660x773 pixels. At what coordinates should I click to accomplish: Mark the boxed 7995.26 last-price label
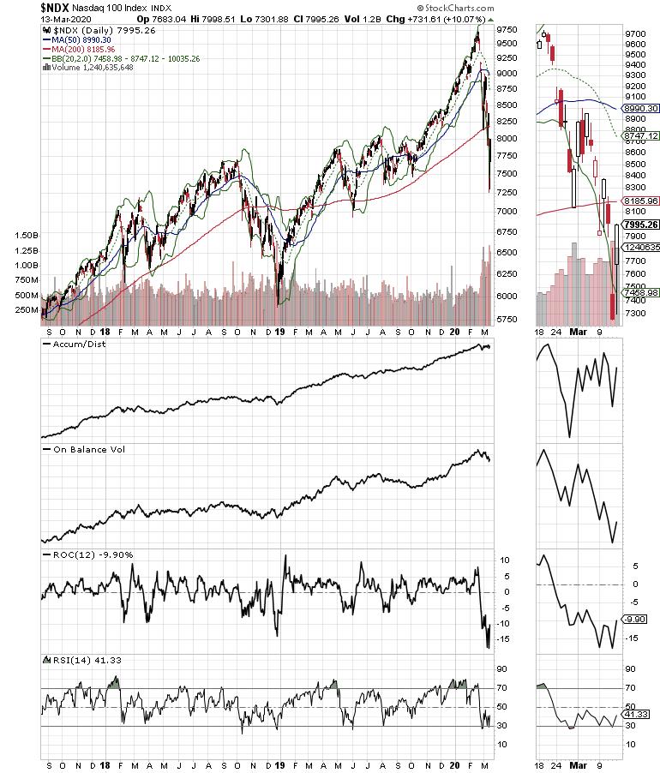tap(639, 225)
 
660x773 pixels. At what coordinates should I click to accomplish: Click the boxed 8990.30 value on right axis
tap(639, 108)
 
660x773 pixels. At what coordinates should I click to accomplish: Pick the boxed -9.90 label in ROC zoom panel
tap(634, 619)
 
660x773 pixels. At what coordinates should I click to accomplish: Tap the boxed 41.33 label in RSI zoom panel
tap(634, 713)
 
